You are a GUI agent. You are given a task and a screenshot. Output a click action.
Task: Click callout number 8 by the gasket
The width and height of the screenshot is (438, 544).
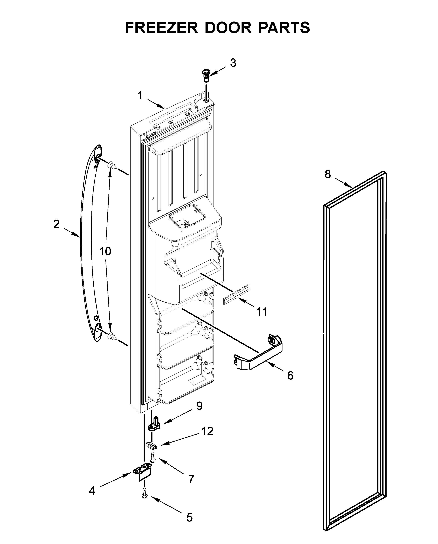[327, 174]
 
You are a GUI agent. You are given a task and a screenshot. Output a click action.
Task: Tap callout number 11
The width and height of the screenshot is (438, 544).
[262, 312]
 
